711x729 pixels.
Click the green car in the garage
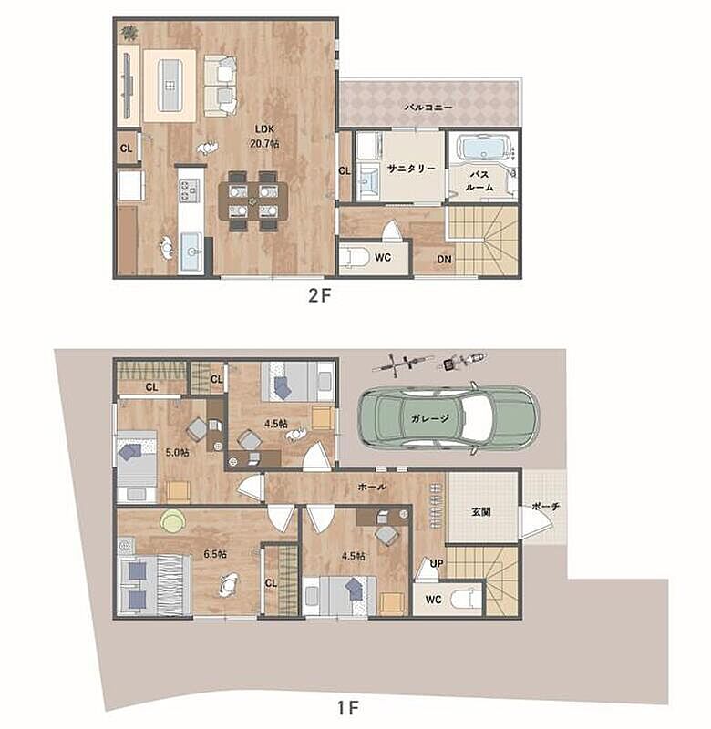448,417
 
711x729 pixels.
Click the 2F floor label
319,295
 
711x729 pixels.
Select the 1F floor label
347,708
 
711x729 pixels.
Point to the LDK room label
264,128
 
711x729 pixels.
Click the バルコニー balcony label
428,107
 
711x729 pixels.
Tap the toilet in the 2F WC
354,257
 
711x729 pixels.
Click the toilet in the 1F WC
469,600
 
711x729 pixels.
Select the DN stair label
444,260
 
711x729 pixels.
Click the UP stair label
437,563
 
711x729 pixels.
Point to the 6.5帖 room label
215,554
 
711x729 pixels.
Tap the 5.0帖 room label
177,451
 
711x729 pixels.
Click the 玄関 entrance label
480,512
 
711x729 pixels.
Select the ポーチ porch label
546,507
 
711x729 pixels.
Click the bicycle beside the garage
403,363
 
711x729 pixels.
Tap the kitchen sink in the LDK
191,252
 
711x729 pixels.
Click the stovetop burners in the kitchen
190,190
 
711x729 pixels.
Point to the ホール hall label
372,487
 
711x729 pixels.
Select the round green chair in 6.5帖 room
172,521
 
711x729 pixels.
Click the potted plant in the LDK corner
129,33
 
